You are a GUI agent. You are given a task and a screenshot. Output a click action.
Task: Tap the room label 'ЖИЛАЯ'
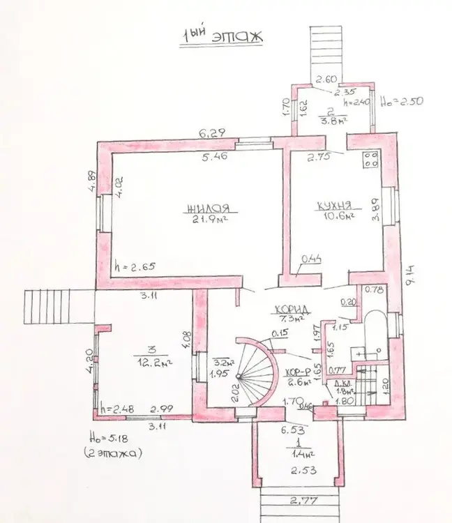(207, 207)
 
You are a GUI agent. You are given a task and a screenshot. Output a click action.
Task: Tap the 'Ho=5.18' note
(114, 440)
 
